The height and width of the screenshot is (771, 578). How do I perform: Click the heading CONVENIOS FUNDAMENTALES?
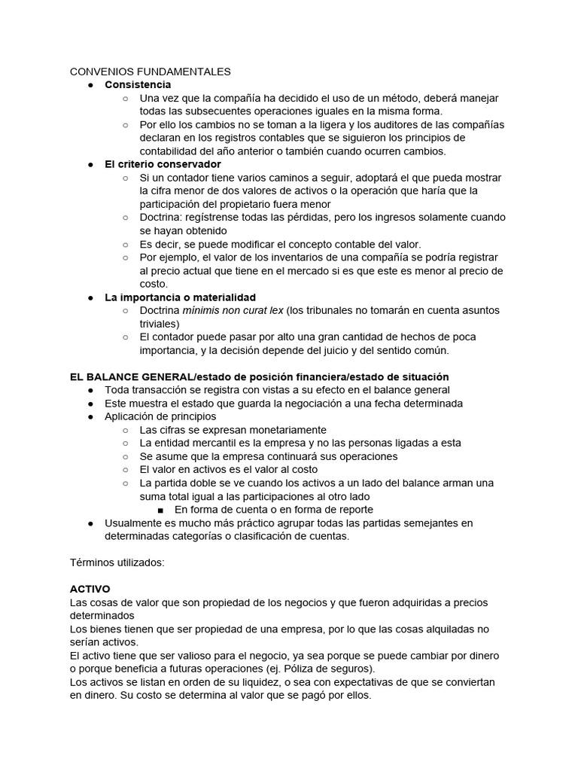(x=150, y=72)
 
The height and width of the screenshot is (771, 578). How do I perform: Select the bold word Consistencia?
(x=138, y=84)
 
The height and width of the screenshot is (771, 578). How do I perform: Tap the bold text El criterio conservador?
(x=163, y=164)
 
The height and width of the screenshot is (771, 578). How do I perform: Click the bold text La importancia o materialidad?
(x=180, y=297)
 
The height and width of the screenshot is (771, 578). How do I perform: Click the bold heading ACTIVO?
(x=90, y=589)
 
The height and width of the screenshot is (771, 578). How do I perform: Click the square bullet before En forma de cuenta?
(x=161, y=510)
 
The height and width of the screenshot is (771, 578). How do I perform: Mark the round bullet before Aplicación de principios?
(x=90, y=416)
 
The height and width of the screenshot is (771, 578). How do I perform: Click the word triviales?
(x=160, y=324)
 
